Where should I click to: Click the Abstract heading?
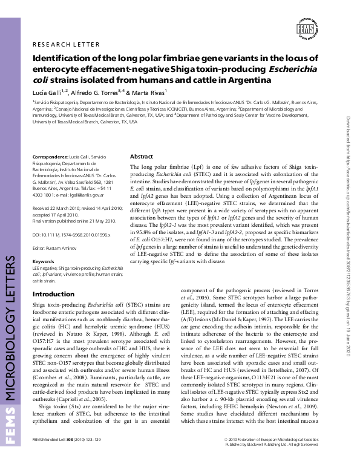[x=141, y=156]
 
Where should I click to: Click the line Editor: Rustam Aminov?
[x=56, y=248]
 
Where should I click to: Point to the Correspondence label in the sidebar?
[x=49, y=157]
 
